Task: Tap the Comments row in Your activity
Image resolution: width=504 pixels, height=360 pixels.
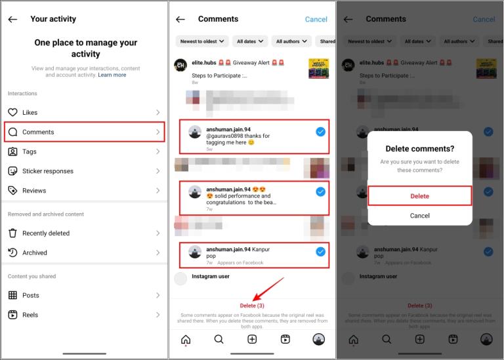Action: pyautogui.click(x=84, y=132)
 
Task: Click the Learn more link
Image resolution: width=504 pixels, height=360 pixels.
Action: pyautogui.click(x=112, y=75)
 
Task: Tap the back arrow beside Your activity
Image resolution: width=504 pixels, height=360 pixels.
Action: pyautogui.click(x=12, y=20)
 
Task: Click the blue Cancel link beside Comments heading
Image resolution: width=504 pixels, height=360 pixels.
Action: pyautogui.click(x=316, y=20)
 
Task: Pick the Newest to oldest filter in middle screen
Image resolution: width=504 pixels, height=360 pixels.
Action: pyautogui.click(x=202, y=41)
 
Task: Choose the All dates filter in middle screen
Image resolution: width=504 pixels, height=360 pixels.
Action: pyautogui.click(x=250, y=41)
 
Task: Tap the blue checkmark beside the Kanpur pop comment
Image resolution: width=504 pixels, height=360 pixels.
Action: pyautogui.click(x=320, y=251)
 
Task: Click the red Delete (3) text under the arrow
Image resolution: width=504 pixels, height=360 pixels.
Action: pyautogui.click(x=252, y=306)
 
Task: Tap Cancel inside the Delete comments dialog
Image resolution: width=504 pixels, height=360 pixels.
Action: pyautogui.click(x=420, y=216)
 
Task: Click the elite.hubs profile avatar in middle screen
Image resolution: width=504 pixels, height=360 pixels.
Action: pyautogui.click(x=180, y=66)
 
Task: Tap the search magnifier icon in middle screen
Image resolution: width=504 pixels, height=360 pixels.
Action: pyautogui.click(x=219, y=339)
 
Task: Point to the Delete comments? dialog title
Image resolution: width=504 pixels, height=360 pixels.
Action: pyautogui.click(x=420, y=149)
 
